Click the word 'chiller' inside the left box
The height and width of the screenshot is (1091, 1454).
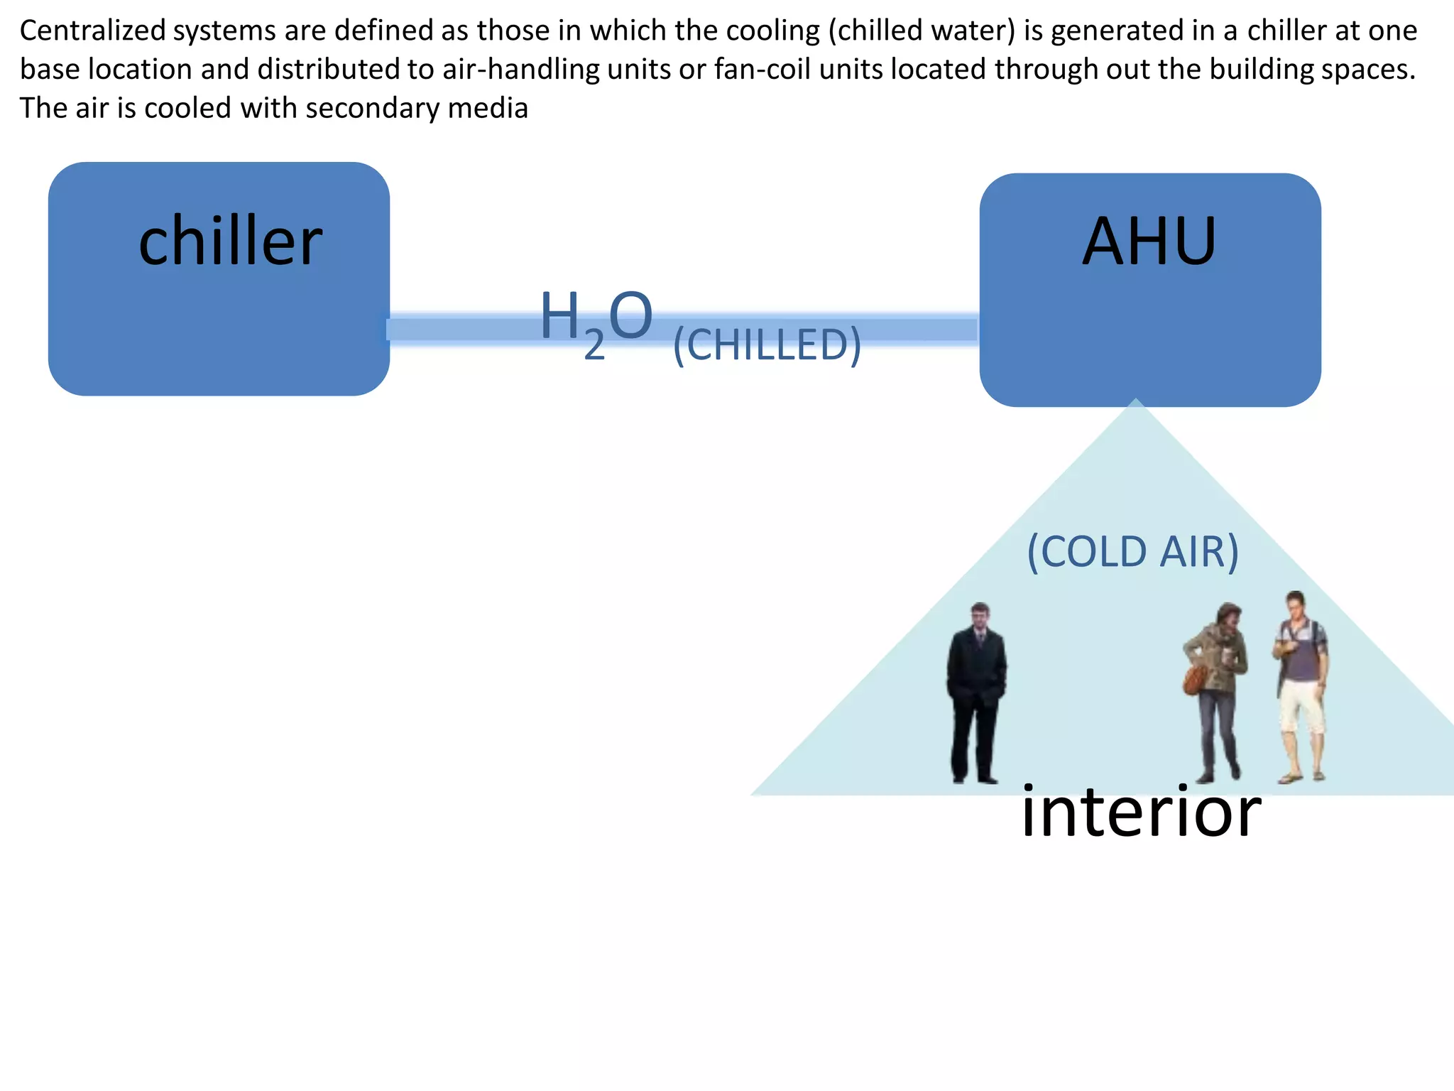click(x=230, y=241)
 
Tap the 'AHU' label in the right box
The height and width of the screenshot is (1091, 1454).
click(x=1149, y=241)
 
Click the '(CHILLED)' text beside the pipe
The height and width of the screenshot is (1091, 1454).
click(x=767, y=345)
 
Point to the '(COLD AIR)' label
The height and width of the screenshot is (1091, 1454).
click(x=1133, y=552)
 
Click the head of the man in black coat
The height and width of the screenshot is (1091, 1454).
click(x=980, y=616)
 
